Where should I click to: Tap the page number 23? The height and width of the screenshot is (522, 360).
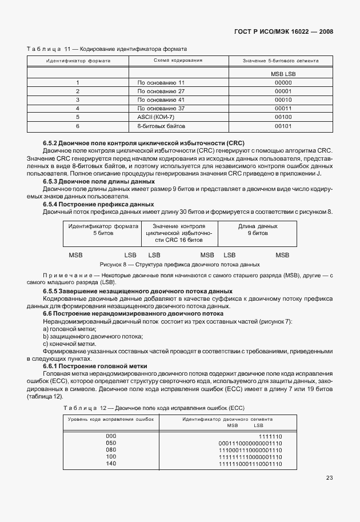[x=330, y=478]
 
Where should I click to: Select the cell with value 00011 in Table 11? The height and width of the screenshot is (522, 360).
[x=283, y=107]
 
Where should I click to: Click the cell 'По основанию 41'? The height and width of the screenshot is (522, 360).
[x=161, y=99]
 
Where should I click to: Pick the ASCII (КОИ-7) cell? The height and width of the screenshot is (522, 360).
[x=154, y=116]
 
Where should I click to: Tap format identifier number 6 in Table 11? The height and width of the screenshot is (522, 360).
[x=77, y=125]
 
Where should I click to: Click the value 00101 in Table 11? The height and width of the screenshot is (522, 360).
[x=283, y=125]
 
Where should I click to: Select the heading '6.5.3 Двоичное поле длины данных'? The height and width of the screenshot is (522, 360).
[x=99, y=181]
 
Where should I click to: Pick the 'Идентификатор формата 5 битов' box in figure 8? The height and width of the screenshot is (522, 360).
[x=103, y=230]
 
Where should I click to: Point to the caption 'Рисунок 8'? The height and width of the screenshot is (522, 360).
[x=179, y=265]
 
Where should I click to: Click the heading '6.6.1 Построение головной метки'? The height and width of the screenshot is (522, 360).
[x=95, y=366]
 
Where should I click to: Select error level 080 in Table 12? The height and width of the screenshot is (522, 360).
[x=111, y=450]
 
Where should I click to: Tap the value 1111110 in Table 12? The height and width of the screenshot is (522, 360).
[x=270, y=436]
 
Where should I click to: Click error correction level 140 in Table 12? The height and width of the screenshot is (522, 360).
[x=111, y=464]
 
